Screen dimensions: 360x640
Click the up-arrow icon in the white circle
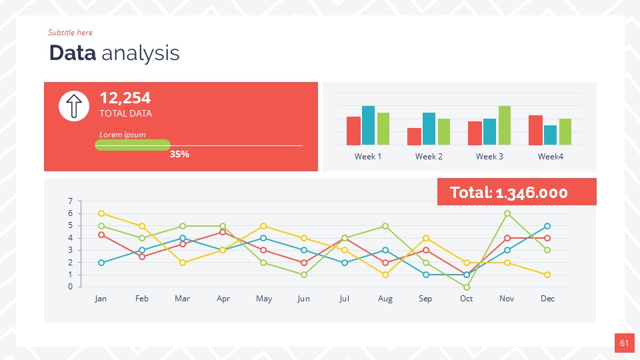pyautogui.click(x=74, y=106)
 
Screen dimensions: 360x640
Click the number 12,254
pyautogui.click(x=125, y=98)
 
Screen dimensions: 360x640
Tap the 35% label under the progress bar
pyautogui.click(x=179, y=154)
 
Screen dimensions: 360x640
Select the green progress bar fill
pyautogui.click(x=133, y=145)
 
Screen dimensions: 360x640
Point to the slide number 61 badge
pyautogui.click(x=624, y=343)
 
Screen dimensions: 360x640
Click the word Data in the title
pyautogui.click(x=73, y=53)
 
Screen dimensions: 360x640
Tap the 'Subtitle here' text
pyautogui.click(x=70, y=33)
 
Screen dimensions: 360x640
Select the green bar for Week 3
pyautogui.click(x=505, y=125)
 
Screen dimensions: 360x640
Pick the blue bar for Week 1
pyautogui.click(x=368, y=125)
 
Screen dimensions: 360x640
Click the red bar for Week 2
pyautogui.click(x=414, y=137)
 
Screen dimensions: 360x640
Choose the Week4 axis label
pyautogui.click(x=551, y=157)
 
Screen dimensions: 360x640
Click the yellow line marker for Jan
pyautogui.click(x=101, y=213)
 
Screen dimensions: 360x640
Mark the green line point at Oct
pyautogui.click(x=467, y=287)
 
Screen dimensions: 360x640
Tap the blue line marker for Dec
pyautogui.click(x=547, y=226)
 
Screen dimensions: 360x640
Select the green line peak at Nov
pyautogui.click(x=507, y=213)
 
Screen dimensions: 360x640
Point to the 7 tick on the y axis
pyautogui.click(x=70, y=201)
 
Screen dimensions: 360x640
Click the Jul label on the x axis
pyautogui.click(x=344, y=299)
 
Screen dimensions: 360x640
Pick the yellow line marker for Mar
pyautogui.click(x=183, y=263)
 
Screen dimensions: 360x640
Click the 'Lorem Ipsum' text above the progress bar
pyautogui.click(x=122, y=135)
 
